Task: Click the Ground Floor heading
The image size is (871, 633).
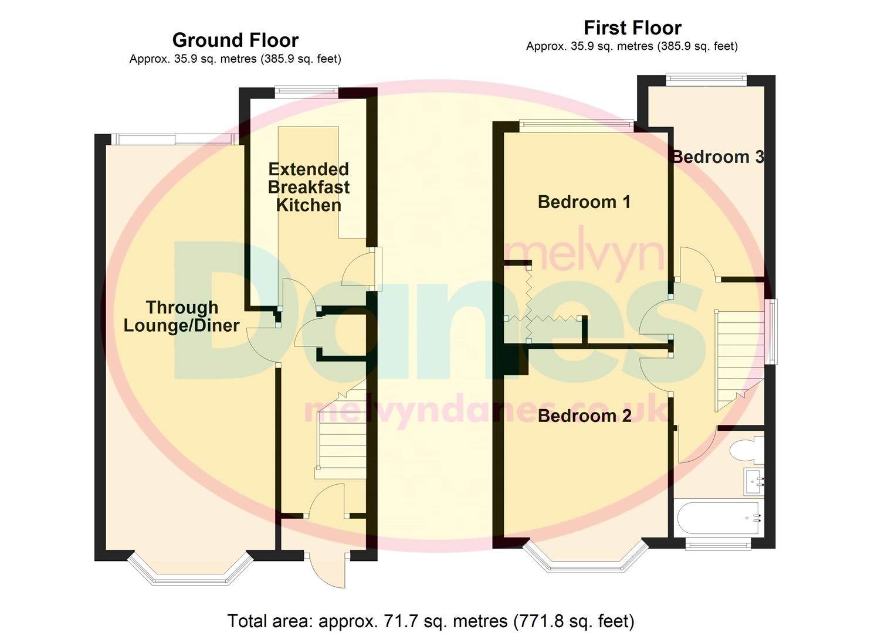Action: pyautogui.click(x=235, y=40)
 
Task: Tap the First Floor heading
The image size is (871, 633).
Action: pyautogui.click(x=632, y=28)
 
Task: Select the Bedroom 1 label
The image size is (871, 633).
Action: pyautogui.click(x=584, y=202)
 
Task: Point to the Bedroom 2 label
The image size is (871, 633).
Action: pyautogui.click(x=584, y=416)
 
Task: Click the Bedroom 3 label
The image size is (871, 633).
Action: pyautogui.click(x=718, y=157)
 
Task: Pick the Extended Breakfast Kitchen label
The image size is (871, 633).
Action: pyautogui.click(x=309, y=187)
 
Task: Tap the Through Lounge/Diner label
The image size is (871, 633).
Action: pyautogui.click(x=181, y=316)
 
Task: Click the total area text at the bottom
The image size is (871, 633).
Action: pyautogui.click(x=431, y=621)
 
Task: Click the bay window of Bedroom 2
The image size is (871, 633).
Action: pyautogui.click(x=585, y=560)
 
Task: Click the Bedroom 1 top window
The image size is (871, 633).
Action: pyautogui.click(x=576, y=124)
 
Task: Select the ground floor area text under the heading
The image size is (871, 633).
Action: pyautogui.click(x=235, y=59)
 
